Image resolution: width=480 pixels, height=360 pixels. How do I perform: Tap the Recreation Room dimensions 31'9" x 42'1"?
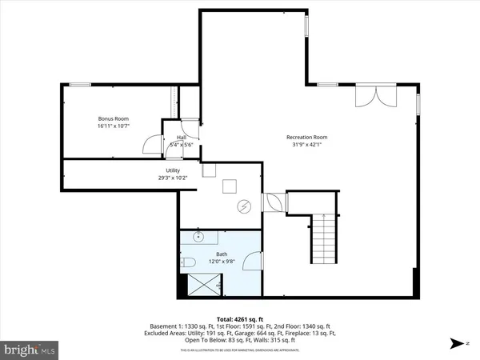(307, 145)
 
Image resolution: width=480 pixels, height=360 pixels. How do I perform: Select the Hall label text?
(182, 138)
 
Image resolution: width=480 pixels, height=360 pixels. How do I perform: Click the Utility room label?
(173, 170)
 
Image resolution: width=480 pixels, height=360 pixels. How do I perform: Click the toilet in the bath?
(189, 263)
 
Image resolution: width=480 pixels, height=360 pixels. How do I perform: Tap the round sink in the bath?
(198, 238)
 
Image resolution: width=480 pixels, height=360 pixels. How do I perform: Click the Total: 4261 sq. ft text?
(239, 318)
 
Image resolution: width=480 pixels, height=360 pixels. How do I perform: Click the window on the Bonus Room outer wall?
(78, 84)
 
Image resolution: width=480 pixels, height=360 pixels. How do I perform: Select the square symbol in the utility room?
(228, 186)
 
